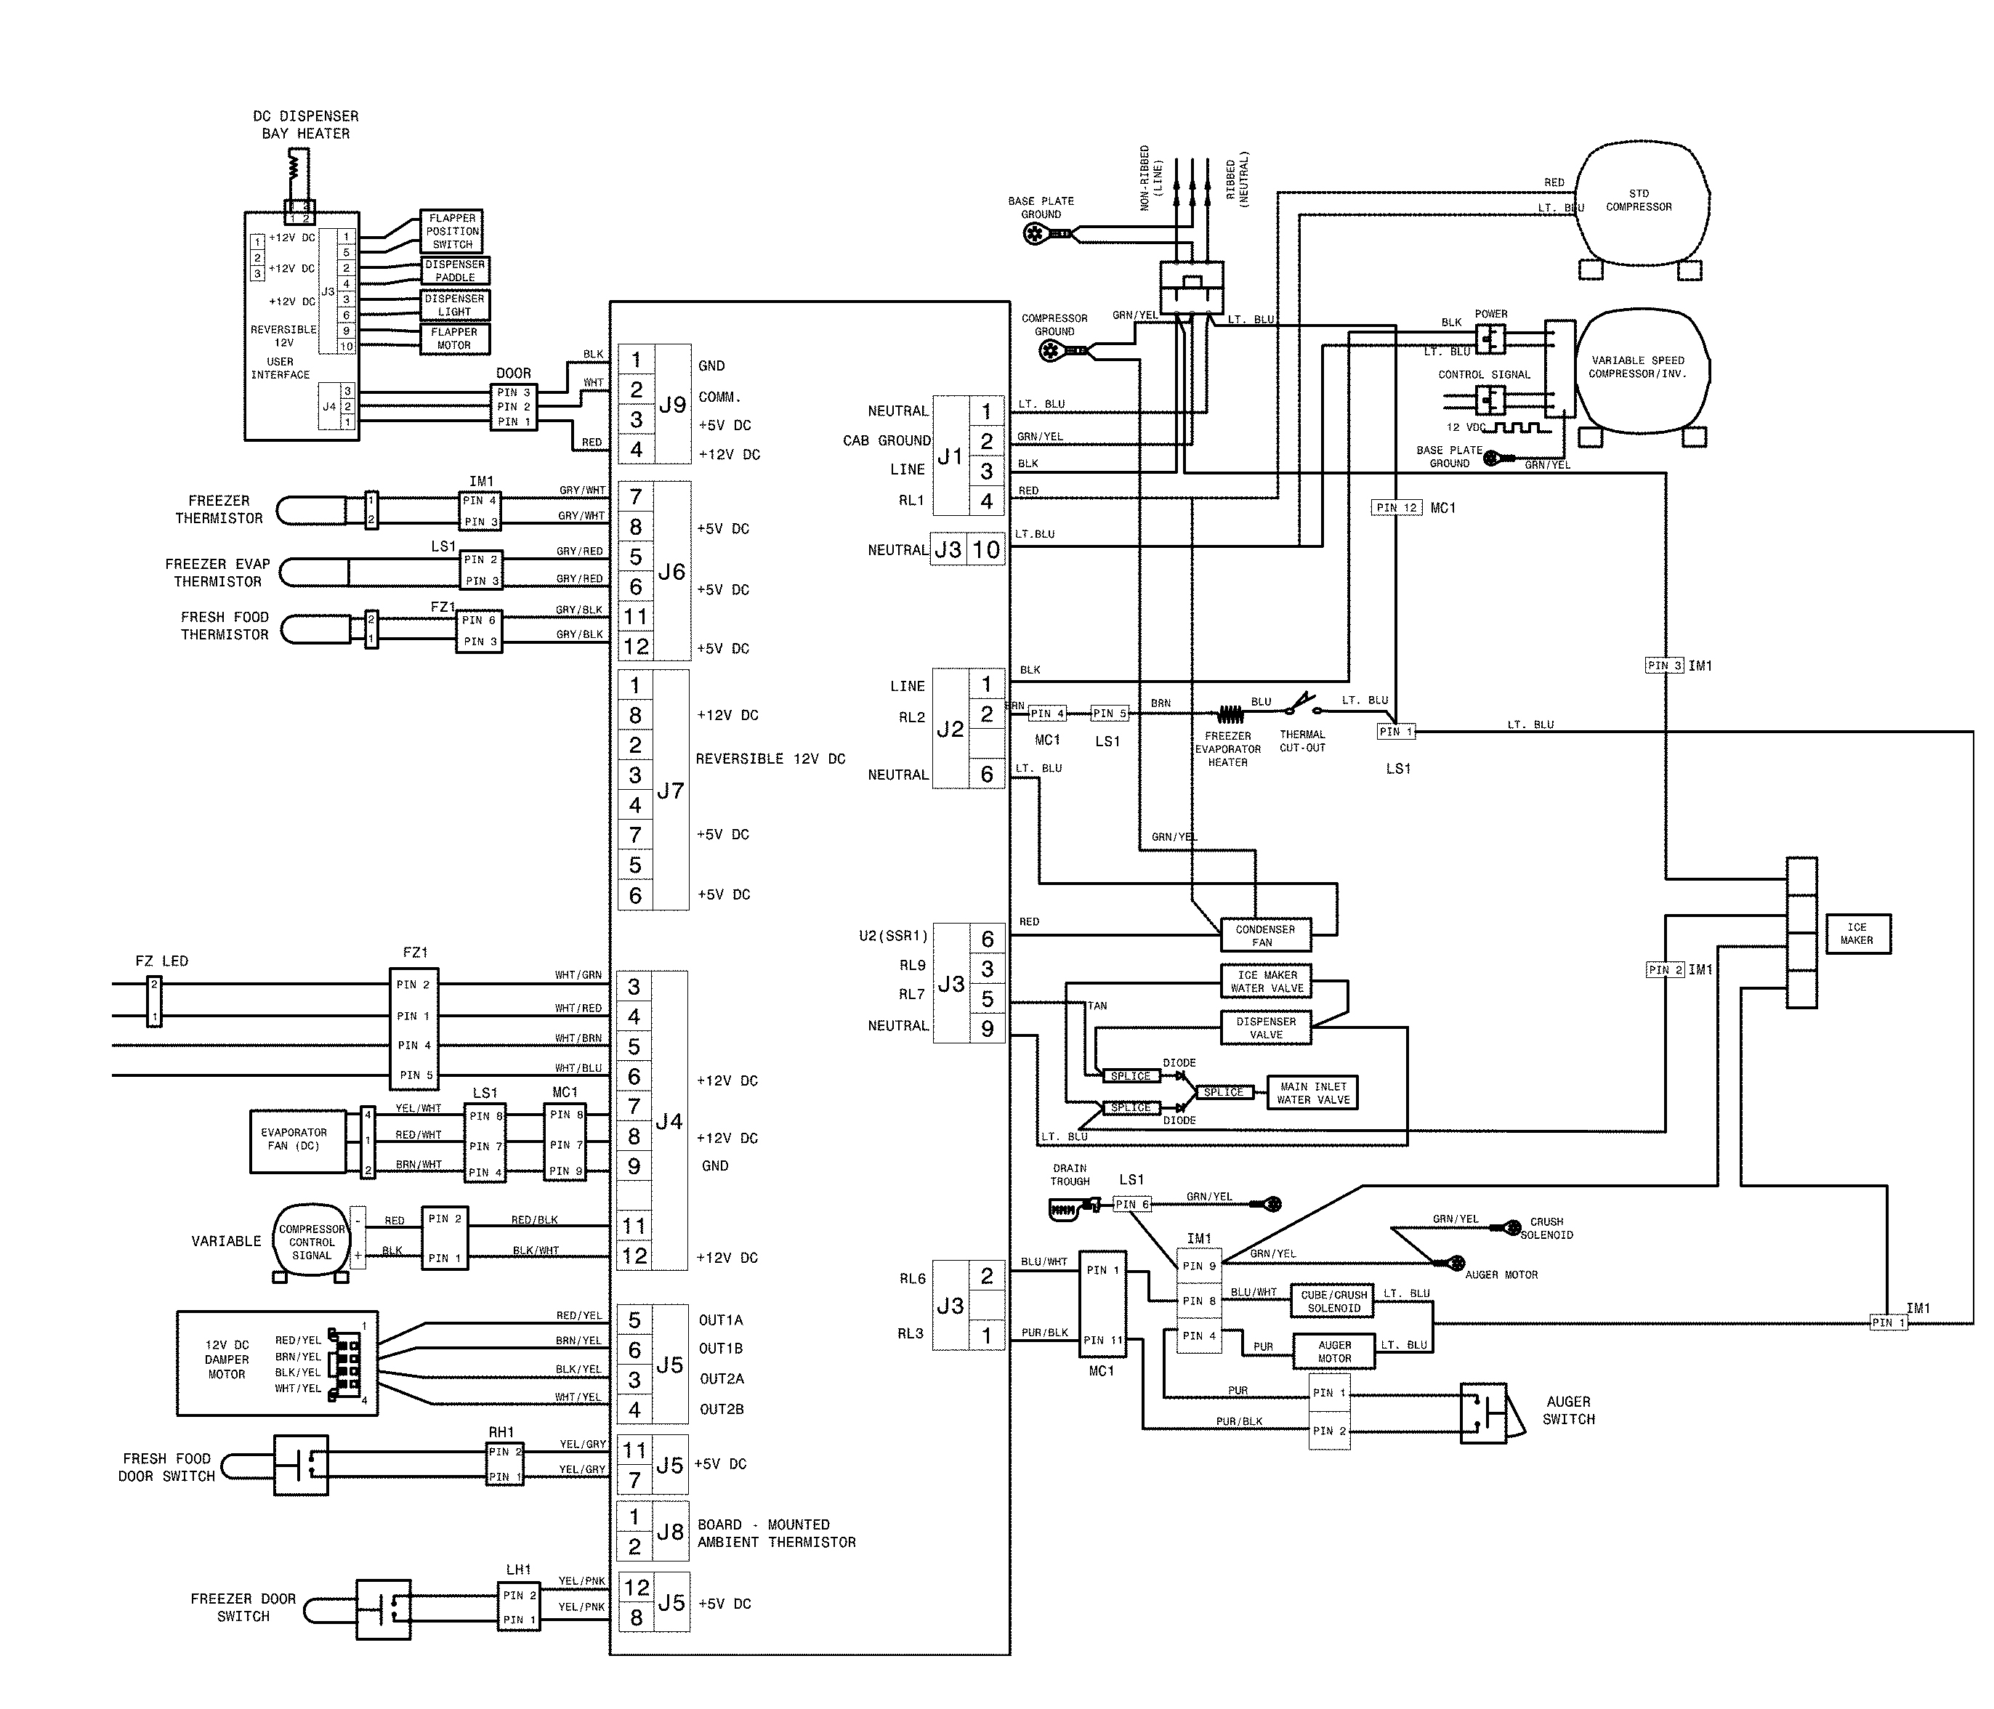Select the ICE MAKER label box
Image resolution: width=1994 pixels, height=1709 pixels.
pos(1857,934)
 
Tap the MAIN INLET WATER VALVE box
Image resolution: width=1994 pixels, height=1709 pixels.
pos(1312,1093)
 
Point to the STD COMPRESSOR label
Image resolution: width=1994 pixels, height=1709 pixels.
pos(1638,200)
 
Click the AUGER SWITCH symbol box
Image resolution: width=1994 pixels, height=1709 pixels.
pos(1482,1413)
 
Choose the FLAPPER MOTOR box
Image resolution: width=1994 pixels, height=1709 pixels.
pos(454,339)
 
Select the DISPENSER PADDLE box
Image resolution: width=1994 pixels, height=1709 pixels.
pos(455,270)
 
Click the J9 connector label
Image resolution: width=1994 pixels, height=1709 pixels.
pos(671,405)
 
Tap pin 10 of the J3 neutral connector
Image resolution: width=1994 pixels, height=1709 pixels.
pos(985,549)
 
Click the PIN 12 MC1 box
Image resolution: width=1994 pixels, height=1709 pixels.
pos(1397,508)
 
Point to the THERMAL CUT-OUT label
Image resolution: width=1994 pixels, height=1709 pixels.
pos(1302,741)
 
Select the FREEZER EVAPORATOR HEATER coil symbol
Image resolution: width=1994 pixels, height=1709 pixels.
pos(1230,714)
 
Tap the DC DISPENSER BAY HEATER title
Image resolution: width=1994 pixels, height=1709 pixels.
pos(305,124)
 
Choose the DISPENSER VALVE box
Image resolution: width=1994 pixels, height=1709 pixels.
pos(1265,1027)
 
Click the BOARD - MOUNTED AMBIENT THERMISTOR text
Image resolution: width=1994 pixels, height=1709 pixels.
pos(775,1533)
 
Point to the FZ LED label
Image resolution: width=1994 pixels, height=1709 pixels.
pos(161,961)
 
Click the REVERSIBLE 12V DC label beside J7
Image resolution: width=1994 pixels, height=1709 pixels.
pos(770,759)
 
